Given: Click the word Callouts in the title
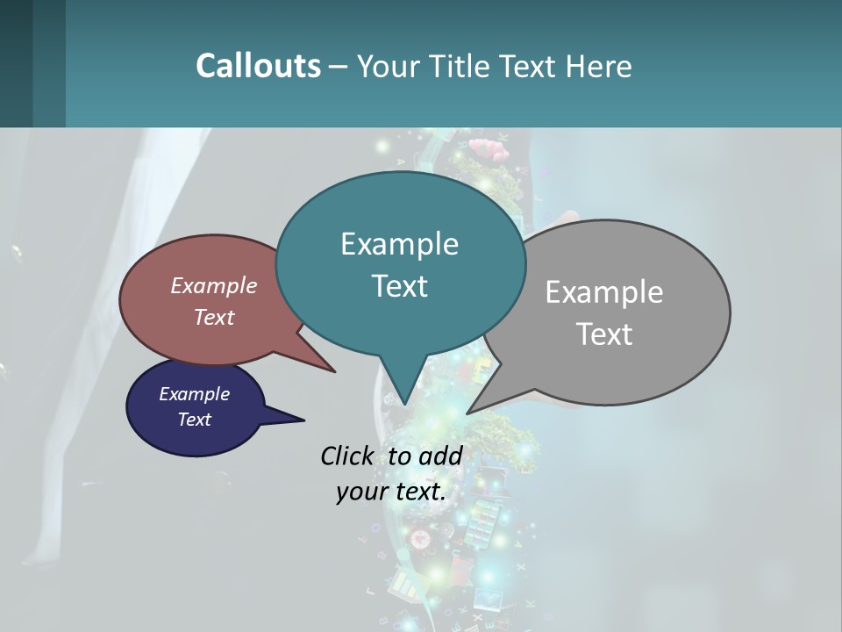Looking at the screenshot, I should point(258,66).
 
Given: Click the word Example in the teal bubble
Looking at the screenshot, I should point(399,244).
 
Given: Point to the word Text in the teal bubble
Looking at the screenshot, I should point(399,286).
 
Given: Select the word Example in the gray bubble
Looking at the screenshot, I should point(603,292).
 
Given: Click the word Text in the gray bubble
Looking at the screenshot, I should point(604,334).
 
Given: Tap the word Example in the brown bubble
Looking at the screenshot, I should point(213,285).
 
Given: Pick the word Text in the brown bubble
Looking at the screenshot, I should point(213,317).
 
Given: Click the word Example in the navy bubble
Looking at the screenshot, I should point(194,394).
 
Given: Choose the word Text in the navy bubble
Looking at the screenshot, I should point(194,420).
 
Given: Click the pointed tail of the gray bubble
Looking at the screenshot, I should point(470,411).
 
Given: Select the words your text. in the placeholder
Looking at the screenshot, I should point(390,492).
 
